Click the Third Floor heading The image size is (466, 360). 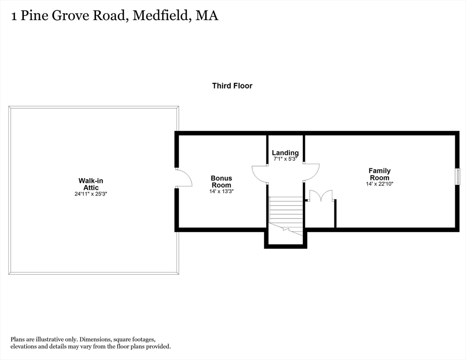[x=232, y=86]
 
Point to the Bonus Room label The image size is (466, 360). [x=221, y=181]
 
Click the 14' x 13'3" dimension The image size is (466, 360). [x=221, y=191]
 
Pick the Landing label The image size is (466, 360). [x=285, y=153]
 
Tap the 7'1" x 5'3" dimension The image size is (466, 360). [x=285, y=159]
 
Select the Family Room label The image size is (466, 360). [x=379, y=174]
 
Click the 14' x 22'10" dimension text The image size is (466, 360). [x=379, y=184]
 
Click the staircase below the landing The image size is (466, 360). [x=286, y=213]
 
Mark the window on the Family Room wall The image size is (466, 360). [x=458, y=176]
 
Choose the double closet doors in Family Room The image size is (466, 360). [x=320, y=196]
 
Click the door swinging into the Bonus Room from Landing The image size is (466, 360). [x=260, y=173]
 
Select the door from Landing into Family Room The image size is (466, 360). [x=311, y=171]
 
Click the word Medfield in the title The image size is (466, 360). [x=161, y=15]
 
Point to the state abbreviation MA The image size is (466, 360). [x=207, y=15]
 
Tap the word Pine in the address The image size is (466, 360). [x=32, y=15]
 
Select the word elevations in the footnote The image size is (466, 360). [x=24, y=346]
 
